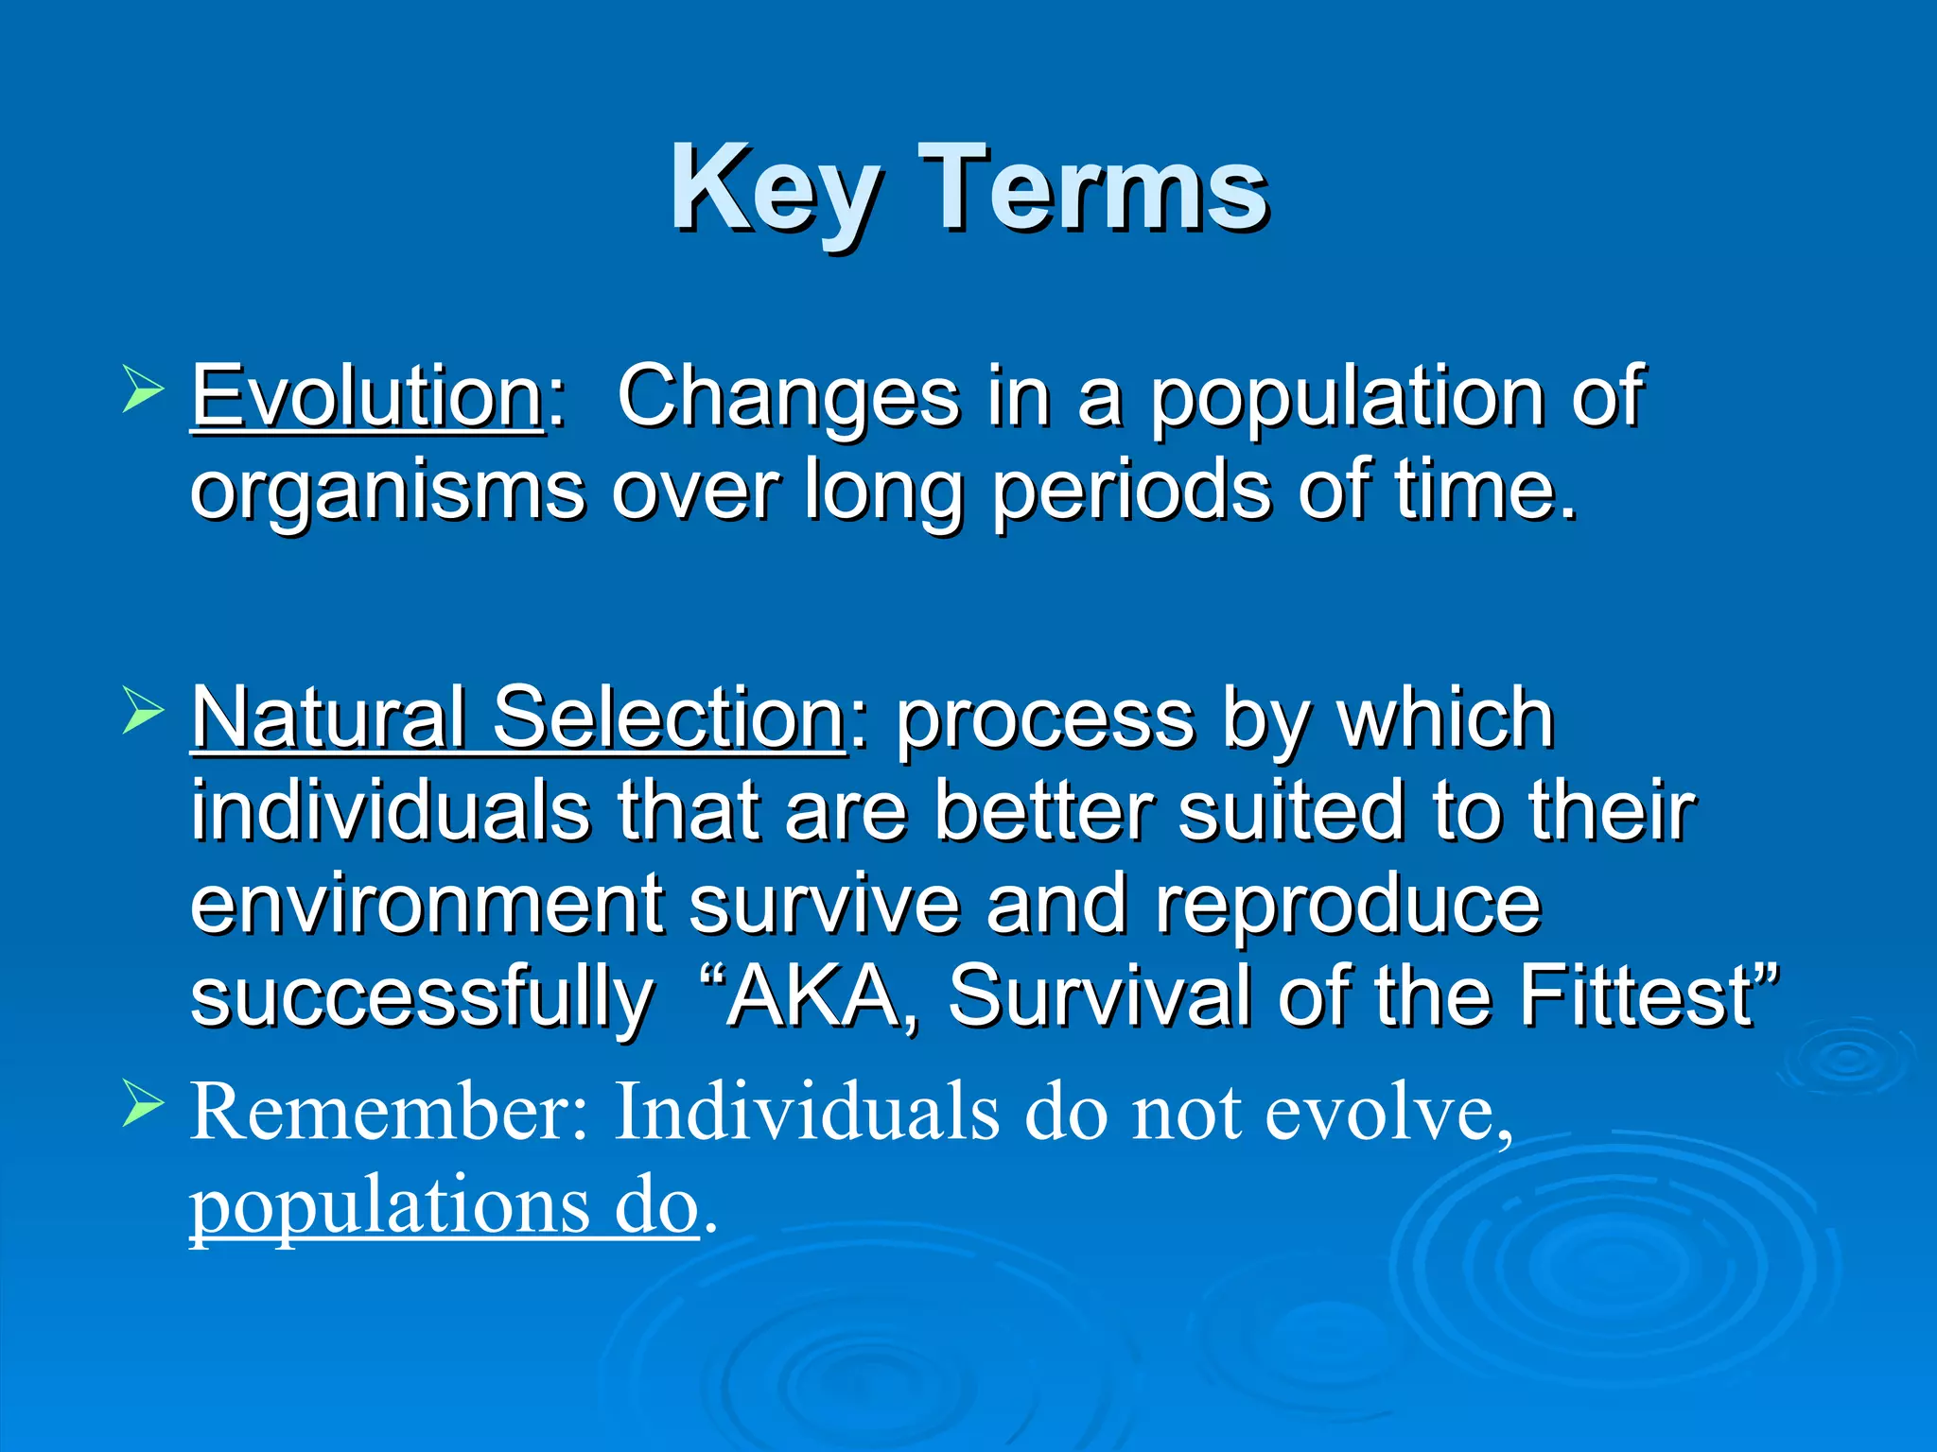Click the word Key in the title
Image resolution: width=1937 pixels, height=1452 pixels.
776,189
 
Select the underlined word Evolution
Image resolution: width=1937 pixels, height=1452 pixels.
367,397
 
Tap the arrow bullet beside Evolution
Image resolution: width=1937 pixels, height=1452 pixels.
143,390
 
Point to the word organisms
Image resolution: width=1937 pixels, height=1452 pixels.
388,492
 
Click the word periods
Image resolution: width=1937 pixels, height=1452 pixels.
1131,492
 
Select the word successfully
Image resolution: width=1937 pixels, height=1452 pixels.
422,998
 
